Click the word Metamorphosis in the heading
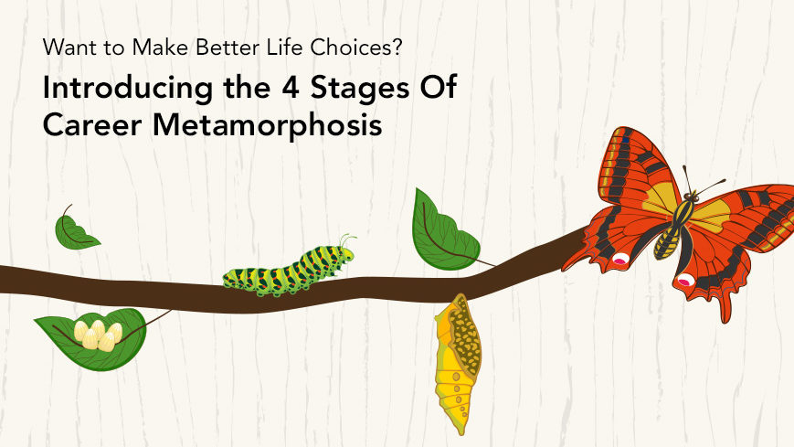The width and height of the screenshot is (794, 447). click(267, 124)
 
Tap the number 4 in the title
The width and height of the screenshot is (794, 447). click(291, 87)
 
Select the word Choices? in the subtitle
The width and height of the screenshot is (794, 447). click(356, 48)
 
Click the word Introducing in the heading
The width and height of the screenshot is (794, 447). click(128, 88)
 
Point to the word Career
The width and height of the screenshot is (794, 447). click(92, 124)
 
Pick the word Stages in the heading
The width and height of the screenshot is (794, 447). click(359, 88)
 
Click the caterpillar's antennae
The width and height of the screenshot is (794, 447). click(347, 240)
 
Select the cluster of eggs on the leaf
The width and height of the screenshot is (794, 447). click(99, 335)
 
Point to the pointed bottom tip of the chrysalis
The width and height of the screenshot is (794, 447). click(461, 434)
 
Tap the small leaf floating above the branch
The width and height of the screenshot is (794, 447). click(75, 230)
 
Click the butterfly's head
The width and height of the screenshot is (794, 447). click(691, 196)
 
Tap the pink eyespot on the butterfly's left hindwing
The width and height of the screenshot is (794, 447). click(620, 260)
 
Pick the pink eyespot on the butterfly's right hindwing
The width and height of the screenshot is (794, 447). click(685, 280)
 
